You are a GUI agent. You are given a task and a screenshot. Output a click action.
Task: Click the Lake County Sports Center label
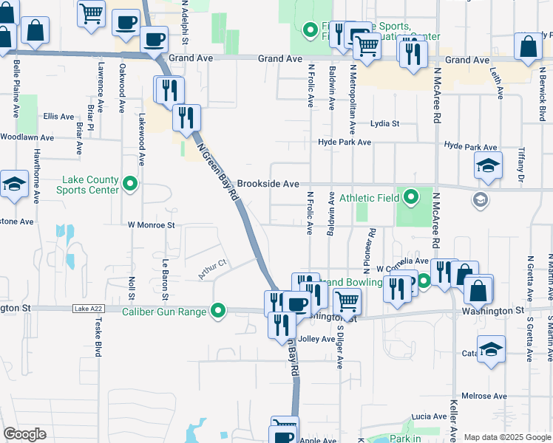point(87,185)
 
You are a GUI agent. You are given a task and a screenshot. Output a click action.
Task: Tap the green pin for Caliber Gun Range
point(218,312)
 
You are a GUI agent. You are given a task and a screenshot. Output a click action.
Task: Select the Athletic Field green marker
point(412,197)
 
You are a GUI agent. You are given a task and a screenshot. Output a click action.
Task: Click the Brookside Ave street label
point(268,184)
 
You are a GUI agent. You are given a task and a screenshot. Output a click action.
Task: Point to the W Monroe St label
point(151,224)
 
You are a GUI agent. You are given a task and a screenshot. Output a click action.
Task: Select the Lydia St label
point(384,123)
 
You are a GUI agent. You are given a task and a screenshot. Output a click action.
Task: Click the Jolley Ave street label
point(317,339)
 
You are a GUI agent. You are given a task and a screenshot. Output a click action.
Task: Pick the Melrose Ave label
point(484,396)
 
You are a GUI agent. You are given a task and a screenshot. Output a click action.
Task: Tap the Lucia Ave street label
point(430,416)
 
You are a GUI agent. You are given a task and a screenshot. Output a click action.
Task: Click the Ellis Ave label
point(58,117)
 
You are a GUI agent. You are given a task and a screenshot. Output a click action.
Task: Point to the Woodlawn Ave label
point(27,137)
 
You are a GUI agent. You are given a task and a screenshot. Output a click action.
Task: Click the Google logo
point(24,434)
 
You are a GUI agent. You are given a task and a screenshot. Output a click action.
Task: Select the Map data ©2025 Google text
point(507,437)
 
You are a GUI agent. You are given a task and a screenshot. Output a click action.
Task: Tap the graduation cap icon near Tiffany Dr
point(488,167)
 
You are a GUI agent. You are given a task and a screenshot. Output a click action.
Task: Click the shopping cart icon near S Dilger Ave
point(347,301)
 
